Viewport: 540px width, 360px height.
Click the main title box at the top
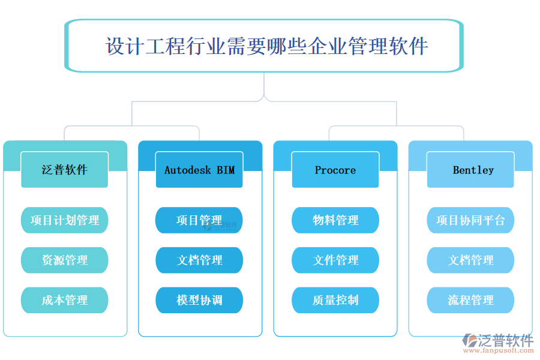264,46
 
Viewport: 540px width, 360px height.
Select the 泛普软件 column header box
65,170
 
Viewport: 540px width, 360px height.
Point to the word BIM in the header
226,170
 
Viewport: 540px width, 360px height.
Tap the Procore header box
335,170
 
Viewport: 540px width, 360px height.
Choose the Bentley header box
471,170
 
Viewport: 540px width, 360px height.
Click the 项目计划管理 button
65,220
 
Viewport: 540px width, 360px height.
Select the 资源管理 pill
65,260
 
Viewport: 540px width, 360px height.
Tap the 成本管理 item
65,300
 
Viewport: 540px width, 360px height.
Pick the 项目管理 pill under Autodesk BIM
199,220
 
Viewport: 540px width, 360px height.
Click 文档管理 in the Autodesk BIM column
199,260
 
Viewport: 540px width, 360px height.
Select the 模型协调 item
199,300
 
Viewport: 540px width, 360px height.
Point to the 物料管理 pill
335,220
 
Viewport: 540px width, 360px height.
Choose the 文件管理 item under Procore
335,260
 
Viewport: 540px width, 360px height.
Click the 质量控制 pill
335,300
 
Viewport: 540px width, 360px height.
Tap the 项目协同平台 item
471,220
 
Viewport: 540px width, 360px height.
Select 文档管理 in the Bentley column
471,260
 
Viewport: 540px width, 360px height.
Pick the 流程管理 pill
471,300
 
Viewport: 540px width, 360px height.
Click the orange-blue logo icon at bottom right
469,341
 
